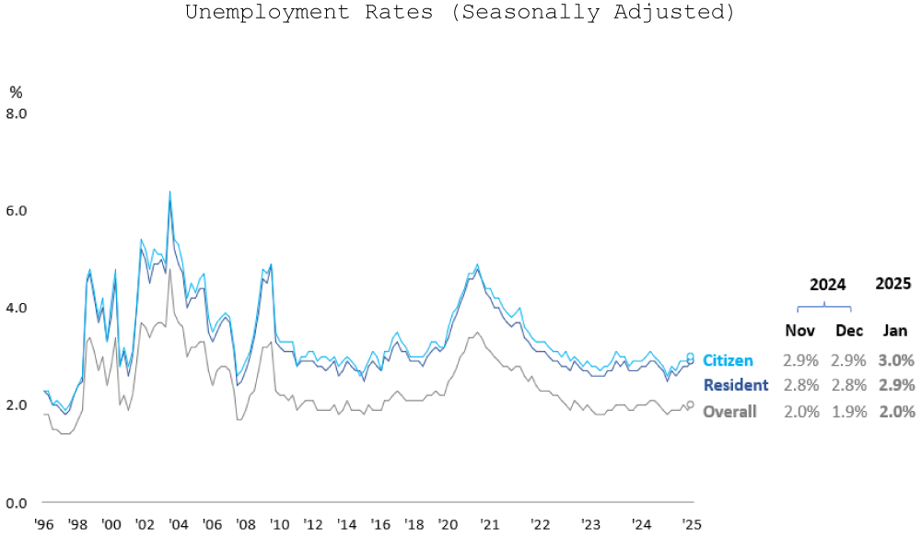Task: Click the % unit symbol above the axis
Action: coord(16,91)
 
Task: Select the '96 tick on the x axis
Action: coord(42,524)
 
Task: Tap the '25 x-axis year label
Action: coord(691,524)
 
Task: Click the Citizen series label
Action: coord(728,360)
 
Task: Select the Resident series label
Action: coord(735,385)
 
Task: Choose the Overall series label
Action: coord(729,412)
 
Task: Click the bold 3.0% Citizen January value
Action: coord(896,360)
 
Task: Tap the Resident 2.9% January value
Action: coord(896,385)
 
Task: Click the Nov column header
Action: coord(799,331)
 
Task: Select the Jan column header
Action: coord(895,331)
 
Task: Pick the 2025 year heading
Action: coord(893,284)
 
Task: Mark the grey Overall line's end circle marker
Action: coord(690,404)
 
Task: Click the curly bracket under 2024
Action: coord(823,305)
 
